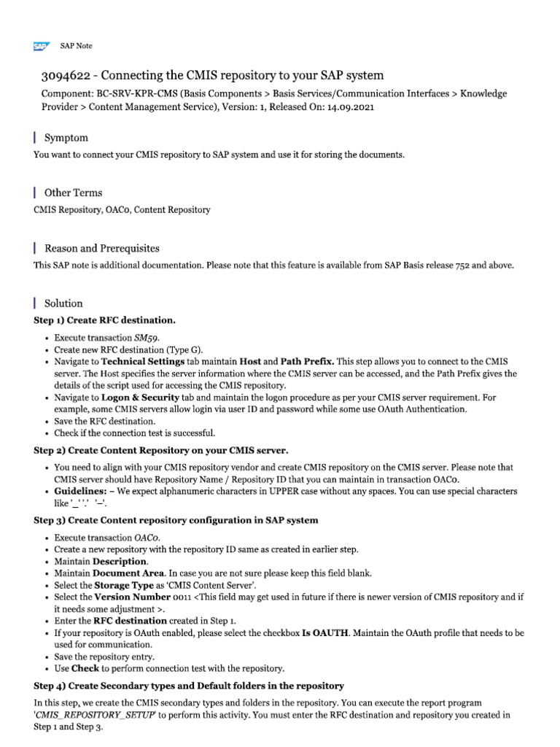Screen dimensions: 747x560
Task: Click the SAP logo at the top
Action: pyautogui.click(x=41, y=47)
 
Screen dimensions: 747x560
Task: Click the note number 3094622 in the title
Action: pyautogui.click(x=69, y=76)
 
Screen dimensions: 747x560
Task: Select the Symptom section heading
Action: pyautogui.click(x=66, y=137)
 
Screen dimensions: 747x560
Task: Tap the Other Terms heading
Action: pyautogui.click(x=73, y=193)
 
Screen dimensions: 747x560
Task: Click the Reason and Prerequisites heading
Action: pyautogui.click(x=101, y=248)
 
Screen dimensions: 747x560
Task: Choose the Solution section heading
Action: pyautogui.click(x=63, y=303)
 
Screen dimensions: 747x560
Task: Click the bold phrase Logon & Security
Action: pyautogui.click(x=140, y=397)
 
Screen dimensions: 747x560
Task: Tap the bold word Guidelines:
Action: pyautogui.click(x=84, y=491)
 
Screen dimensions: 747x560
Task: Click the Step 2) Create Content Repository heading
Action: pyautogui.click(x=161, y=450)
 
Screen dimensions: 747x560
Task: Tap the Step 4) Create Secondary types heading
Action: pyautogui.click(x=189, y=686)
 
